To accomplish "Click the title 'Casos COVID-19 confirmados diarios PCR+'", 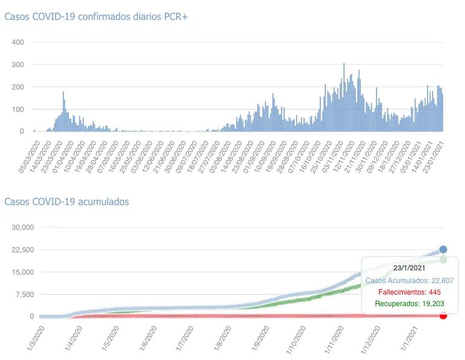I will (96, 17).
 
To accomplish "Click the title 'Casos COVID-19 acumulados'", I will (67, 201).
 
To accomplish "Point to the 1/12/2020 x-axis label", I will (371, 338).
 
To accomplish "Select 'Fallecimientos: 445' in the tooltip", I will (409, 292).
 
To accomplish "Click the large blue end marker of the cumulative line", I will (443, 249).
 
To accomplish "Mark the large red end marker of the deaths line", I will (443, 315).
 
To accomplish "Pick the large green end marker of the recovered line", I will (443, 260).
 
